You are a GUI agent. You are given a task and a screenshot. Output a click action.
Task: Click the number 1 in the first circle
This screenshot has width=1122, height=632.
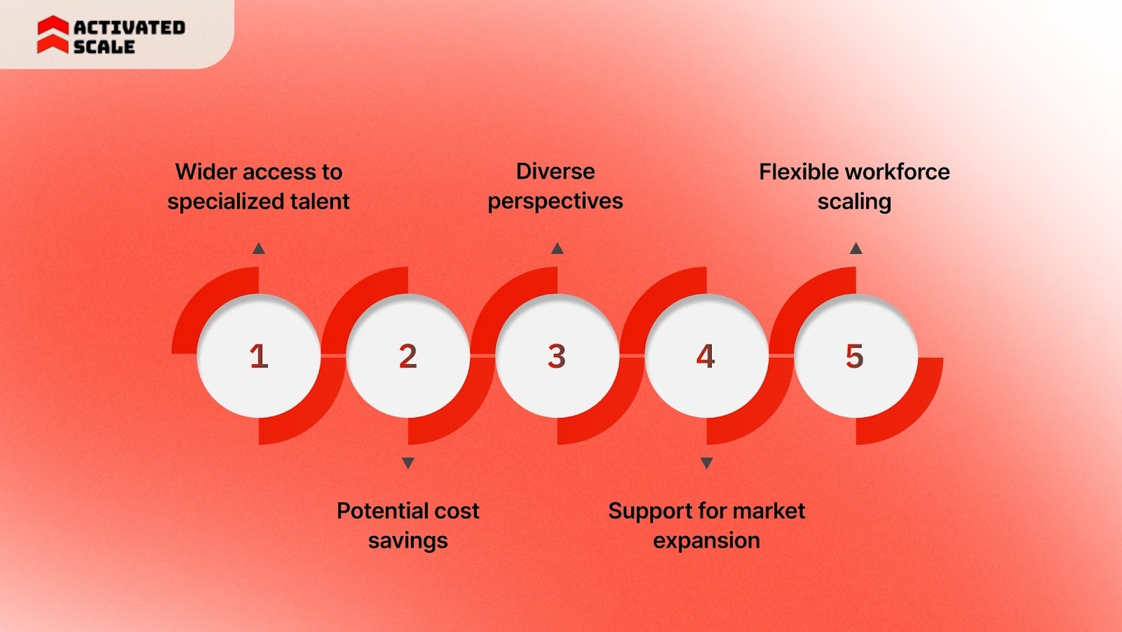(259, 356)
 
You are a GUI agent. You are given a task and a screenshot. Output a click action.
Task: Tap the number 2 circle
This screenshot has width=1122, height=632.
(408, 356)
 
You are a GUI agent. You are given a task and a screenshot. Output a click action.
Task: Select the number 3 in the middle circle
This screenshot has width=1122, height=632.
(557, 356)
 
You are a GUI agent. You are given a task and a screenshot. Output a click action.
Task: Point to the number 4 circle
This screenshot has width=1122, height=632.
(706, 356)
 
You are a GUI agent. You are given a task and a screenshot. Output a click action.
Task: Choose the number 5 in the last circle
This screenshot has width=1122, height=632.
(855, 356)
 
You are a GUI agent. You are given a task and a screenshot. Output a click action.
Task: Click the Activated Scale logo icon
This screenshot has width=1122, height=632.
(53, 35)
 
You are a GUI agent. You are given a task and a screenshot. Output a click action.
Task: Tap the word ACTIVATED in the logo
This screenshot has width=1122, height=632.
(130, 27)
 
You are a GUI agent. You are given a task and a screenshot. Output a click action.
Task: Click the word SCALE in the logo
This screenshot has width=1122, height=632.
(104, 47)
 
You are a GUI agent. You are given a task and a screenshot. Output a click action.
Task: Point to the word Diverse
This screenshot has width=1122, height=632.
(555, 172)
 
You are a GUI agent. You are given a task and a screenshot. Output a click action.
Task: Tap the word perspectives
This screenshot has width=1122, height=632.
(555, 201)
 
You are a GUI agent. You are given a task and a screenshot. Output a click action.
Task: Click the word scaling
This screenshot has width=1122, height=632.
(854, 202)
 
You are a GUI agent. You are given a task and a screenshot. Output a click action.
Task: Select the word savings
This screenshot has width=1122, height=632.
(408, 541)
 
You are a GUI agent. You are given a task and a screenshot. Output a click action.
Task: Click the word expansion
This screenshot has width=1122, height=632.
(706, 541)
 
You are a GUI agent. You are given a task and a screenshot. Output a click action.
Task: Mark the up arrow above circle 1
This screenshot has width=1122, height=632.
(259, 248)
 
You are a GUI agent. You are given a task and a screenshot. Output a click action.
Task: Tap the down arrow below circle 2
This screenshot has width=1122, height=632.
(408, 463)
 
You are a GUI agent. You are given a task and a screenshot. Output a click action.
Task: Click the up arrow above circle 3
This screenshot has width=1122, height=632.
(557, 248)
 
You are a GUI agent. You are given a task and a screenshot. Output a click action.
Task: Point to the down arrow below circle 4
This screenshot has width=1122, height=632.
(707, 463)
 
